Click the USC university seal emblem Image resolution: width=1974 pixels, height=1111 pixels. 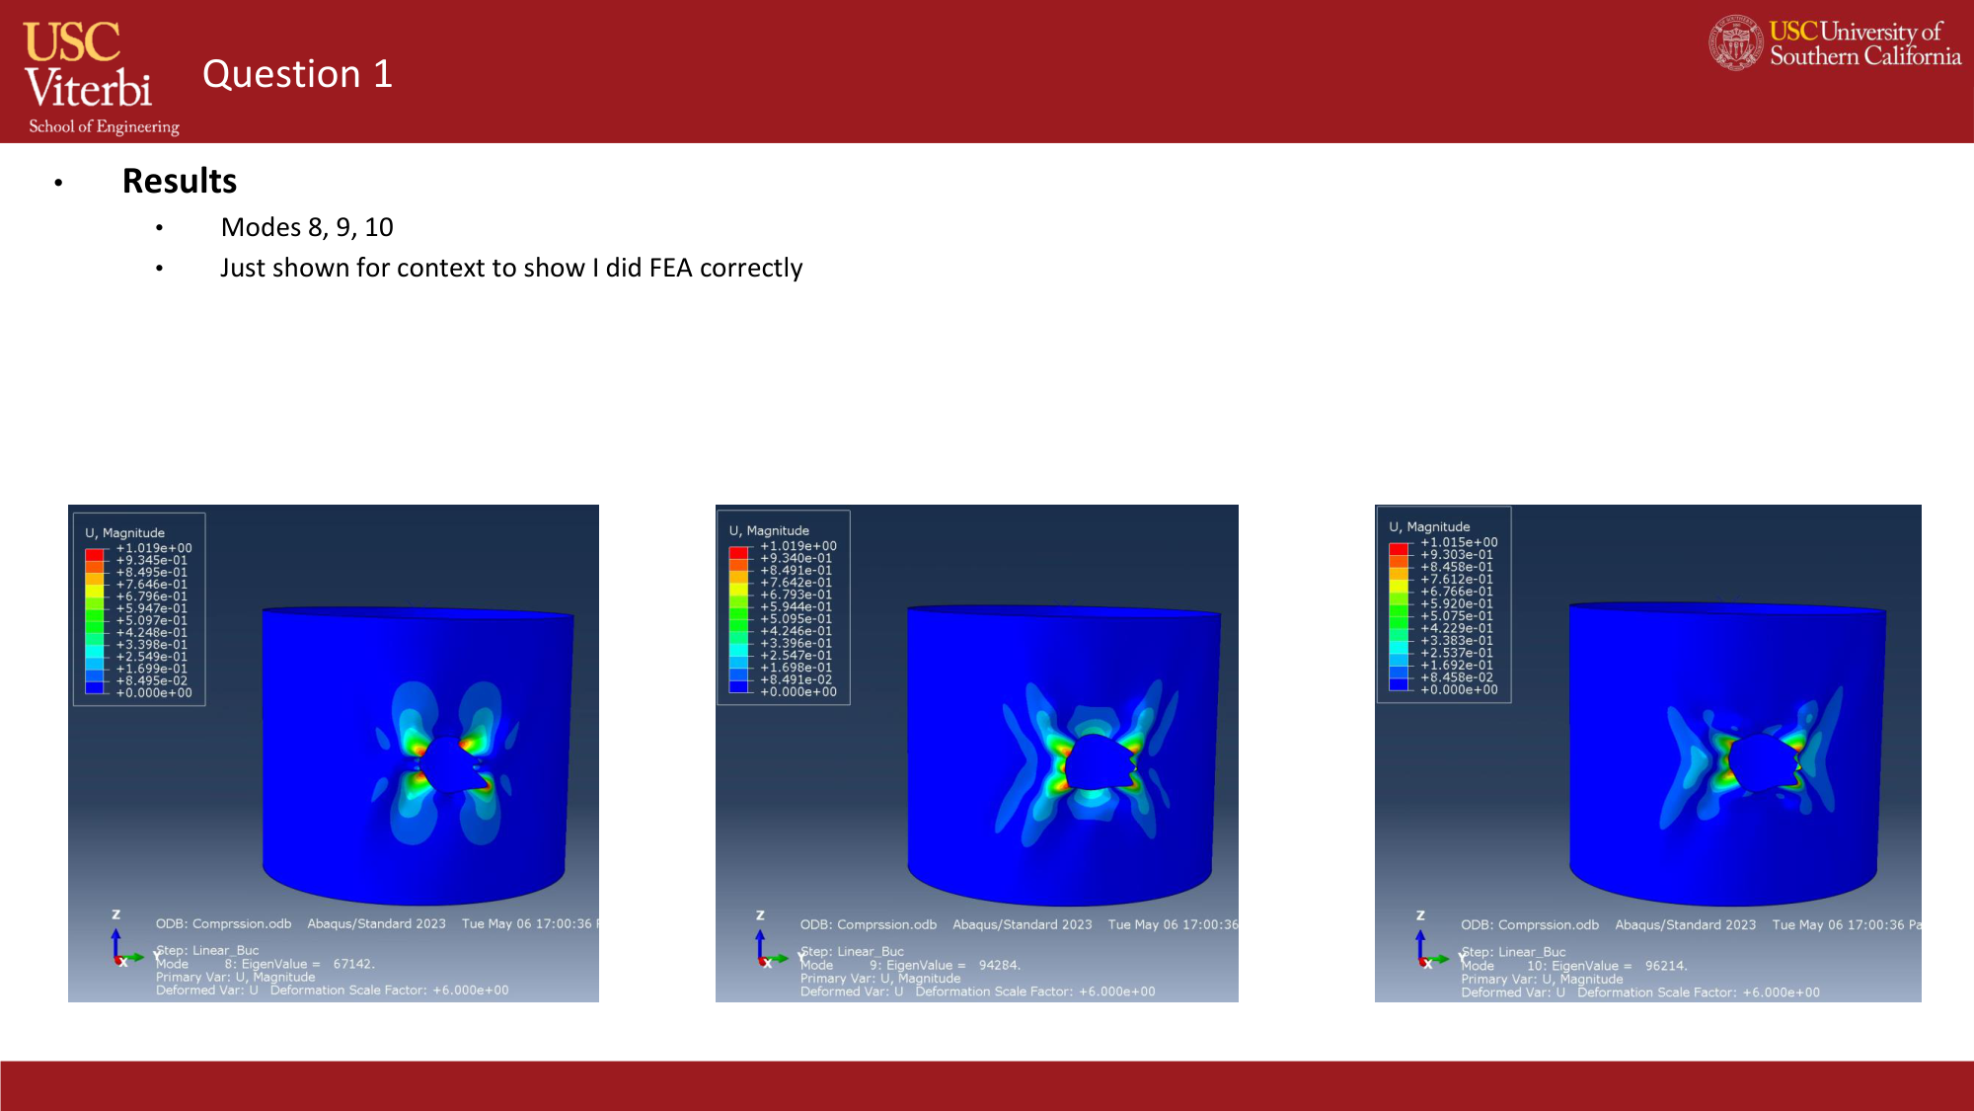(x=1735, y=43)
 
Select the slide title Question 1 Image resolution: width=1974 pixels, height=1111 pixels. (x=297, y=74)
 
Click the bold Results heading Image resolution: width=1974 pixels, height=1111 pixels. (x=180, y=182)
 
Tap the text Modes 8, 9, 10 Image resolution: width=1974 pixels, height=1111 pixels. (x=307, y=227)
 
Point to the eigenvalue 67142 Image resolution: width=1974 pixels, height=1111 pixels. (x=353, y=964)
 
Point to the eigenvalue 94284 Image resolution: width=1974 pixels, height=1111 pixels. (x=999, y=965)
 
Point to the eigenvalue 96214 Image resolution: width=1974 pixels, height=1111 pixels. (x=1666, y=966)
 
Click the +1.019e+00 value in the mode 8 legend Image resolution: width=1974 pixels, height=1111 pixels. (x=154, y=548)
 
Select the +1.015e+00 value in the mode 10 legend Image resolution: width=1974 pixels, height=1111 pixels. (x=1459, y=542)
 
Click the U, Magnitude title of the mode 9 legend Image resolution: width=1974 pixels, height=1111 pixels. (x=769, y=530)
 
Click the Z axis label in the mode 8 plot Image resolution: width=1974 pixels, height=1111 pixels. (x=115, y=914)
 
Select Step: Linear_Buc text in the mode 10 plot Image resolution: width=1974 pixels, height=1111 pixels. (x=1513, y=952)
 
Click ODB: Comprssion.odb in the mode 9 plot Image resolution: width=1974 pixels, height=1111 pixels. (x=868, y=924)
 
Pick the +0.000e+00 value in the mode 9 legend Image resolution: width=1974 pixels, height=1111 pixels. (x=797, y=691)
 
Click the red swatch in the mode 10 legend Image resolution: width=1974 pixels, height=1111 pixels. (x=1398, y=548)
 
